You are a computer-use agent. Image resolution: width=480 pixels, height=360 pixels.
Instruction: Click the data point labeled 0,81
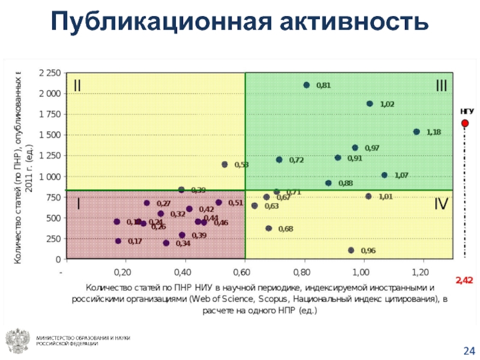(307, 85)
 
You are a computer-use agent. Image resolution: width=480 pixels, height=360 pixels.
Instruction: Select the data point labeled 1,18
(416, 132)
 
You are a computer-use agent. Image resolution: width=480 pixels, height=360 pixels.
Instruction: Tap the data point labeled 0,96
(351, 250)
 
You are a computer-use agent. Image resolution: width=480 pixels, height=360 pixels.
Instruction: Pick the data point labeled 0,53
(225, 164)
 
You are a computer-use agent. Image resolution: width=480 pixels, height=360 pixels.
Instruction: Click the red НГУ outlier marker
(464, 124)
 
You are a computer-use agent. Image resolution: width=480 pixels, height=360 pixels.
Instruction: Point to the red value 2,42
(464, 280)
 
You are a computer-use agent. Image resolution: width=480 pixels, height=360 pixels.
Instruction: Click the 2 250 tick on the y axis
(49, 73)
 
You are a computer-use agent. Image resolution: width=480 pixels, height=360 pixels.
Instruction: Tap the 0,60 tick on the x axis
(245, 271)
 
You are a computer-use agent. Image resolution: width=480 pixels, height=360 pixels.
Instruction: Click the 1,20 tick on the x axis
(423, 271)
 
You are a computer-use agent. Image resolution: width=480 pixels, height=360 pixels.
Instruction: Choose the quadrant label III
(441, 86)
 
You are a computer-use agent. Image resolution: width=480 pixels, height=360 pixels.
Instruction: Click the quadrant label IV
(440, 205)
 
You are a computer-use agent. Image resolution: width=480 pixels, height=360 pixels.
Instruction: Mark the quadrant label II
(77, 86)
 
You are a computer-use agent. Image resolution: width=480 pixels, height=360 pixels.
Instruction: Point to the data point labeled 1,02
(370, 104)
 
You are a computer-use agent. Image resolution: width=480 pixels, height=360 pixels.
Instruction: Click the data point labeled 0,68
(269, 228)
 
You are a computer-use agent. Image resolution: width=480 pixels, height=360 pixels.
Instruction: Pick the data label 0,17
(135, 241)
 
